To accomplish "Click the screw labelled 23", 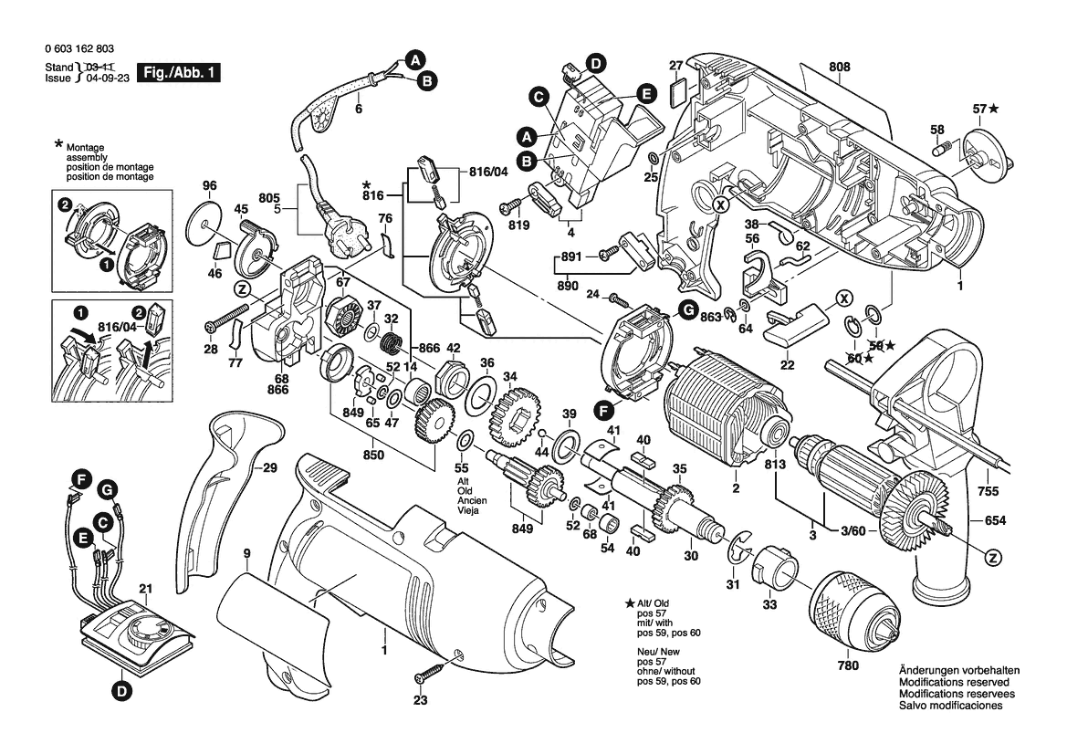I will (x=428, y=676).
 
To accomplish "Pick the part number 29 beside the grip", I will (x=268, y=469).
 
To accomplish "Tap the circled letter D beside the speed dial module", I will (x=120, y=692).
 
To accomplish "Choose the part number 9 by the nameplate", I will (x=247, y=553).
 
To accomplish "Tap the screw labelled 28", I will (x=219, y=325).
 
